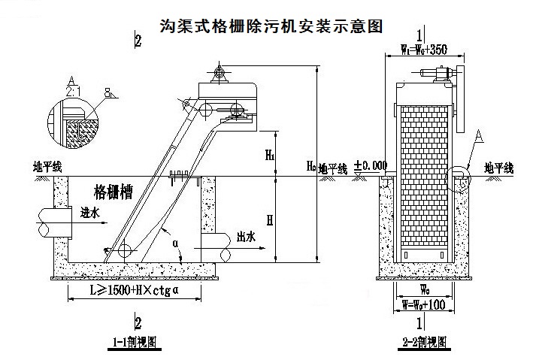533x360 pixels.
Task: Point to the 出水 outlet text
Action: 246,236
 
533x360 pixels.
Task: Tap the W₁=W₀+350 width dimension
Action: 424,50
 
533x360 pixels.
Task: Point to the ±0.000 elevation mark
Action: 371,165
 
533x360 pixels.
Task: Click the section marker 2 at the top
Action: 138,41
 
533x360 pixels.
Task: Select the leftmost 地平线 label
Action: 47,167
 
